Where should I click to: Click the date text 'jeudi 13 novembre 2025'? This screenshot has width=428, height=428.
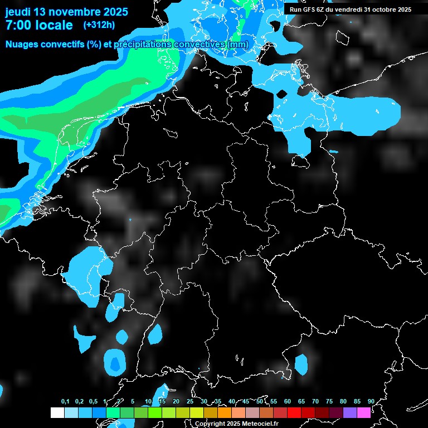coord(66,12)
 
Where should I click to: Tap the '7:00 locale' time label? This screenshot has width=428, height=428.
coord(39,25)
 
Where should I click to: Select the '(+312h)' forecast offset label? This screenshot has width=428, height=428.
coord(99,25)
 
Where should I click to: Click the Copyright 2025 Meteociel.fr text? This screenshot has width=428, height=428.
coord(236,424)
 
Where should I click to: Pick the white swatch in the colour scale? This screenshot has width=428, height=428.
coord(57,412)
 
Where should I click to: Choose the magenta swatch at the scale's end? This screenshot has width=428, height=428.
coord(364,412)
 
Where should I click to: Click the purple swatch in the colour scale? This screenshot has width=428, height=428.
coord(350,412)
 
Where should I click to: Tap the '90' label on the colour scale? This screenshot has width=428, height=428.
coord(371,402)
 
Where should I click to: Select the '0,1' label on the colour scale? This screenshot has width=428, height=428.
coord(65,402)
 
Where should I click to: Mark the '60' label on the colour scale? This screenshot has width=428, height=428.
coord(288,402)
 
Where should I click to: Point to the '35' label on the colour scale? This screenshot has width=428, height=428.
coord(204,402)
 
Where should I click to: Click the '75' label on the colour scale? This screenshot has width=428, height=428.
coord(329,402)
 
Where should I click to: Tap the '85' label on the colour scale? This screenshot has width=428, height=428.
coord(357,402)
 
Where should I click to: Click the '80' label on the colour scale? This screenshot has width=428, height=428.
coord(343,402)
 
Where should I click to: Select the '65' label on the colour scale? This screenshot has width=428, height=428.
coord(301,402)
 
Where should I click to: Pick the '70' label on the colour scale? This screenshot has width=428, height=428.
coord(315,402)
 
